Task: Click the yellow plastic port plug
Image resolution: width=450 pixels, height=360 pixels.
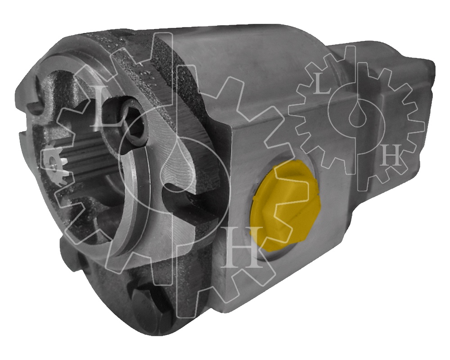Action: click(285, 207)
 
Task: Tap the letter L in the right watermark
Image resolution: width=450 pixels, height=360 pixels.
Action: click(321, 85)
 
